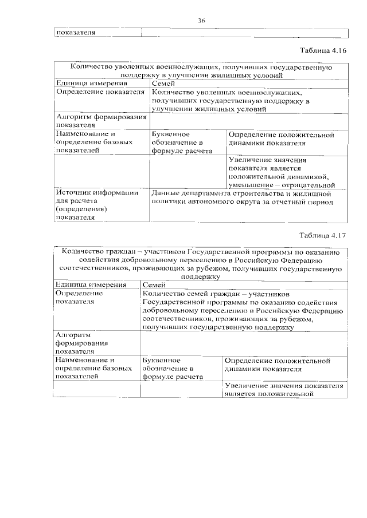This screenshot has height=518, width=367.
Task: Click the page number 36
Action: pyautogui.click(x=202, y=21)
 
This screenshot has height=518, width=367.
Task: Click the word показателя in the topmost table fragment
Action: pyautogui.click(x=75, y=32)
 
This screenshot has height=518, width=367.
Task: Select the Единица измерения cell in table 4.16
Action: pyautogui.click(x=91, y=84)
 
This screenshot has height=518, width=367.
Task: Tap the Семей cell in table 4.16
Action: pyautogui.click(x=162, y=84)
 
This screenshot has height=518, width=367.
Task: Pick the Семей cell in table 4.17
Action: pyautogui.click(x=154, y=284)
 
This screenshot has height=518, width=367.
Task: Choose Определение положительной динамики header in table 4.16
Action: pyautogui.click(x=280, y=139)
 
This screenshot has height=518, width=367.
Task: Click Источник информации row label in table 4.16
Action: pyautogui.click(x=96, y=205)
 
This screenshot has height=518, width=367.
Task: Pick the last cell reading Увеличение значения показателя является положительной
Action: pyautogui.click(x=284, y=390)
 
